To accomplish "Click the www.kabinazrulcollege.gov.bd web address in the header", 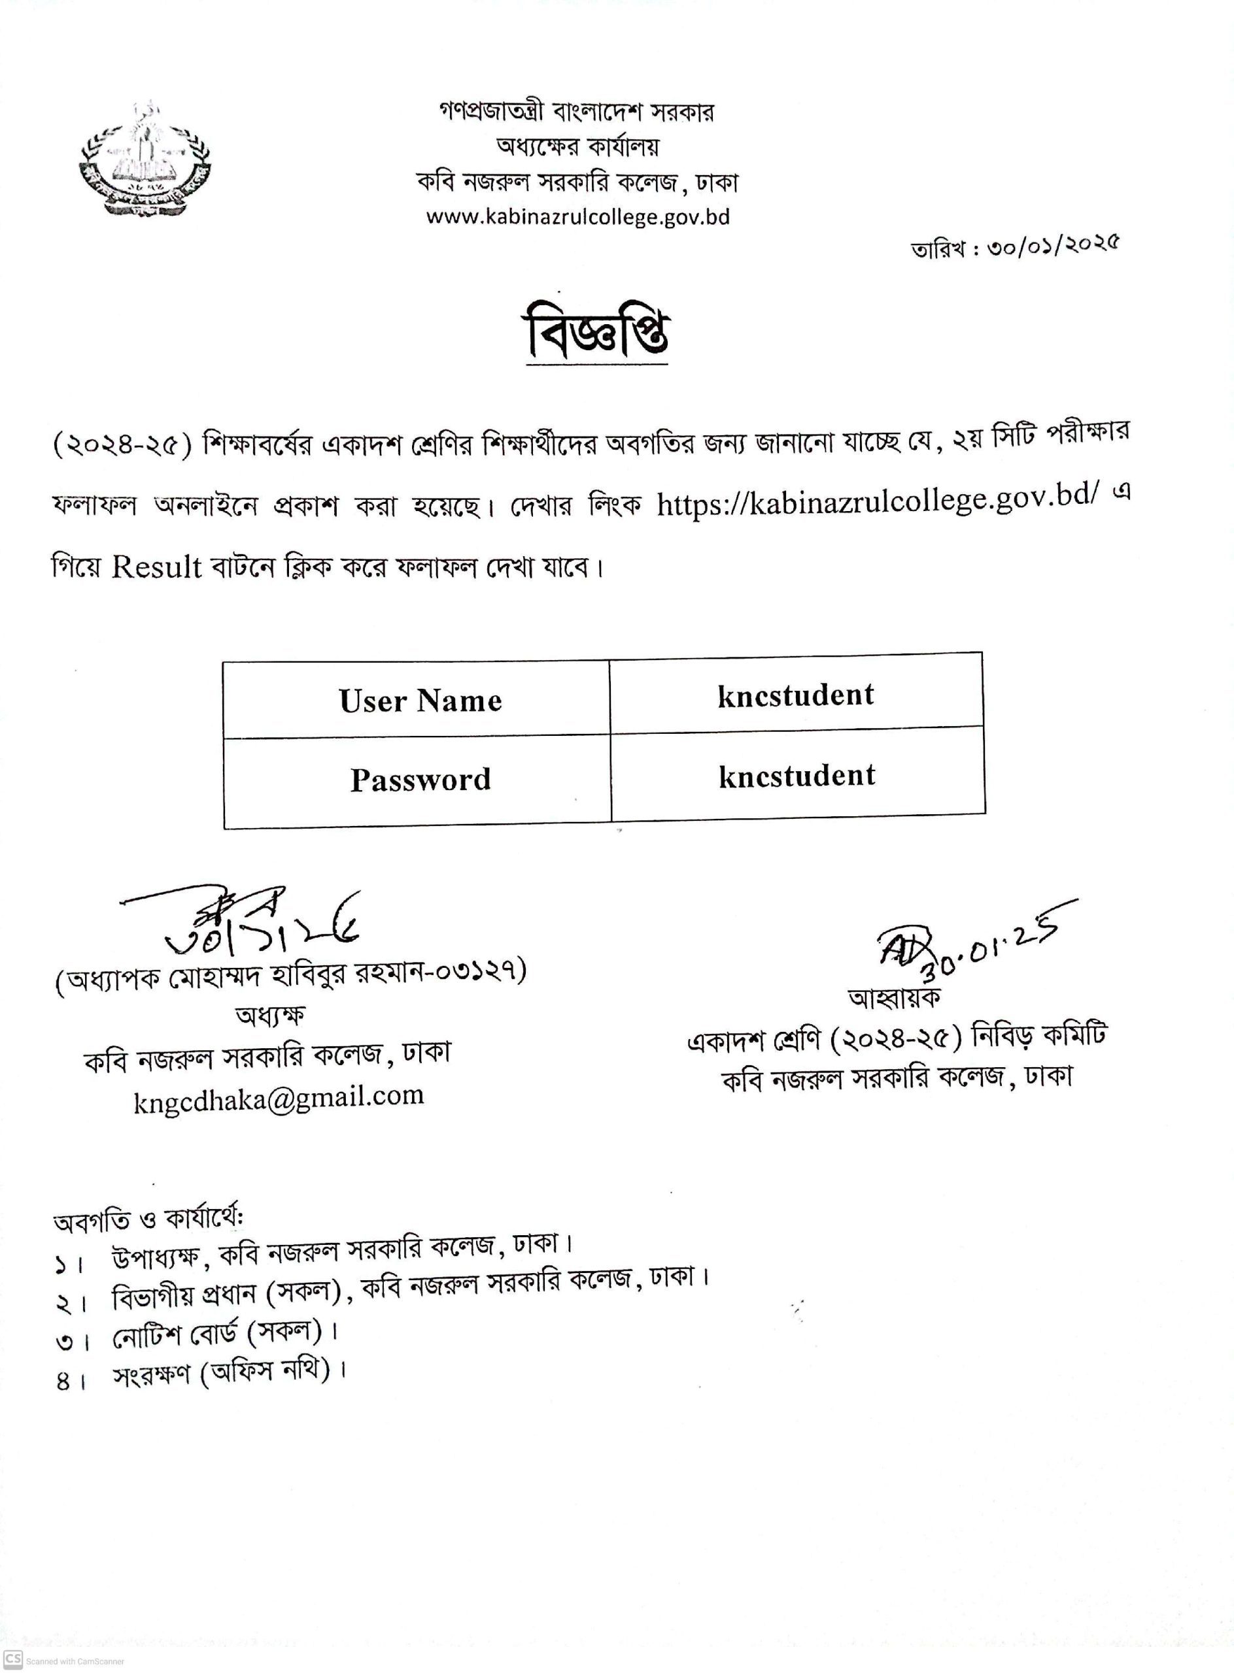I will tap(577, 217).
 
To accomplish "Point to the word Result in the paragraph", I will tap(157, 568).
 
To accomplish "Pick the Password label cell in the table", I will tap(420, 780).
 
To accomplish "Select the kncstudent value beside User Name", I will tap(795, 696).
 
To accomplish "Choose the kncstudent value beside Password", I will tap(797, 776).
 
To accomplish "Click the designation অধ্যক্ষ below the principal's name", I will tap(269, 1016).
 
